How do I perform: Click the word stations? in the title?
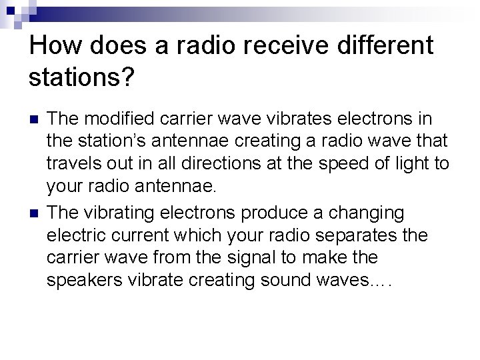coord(82,78)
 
